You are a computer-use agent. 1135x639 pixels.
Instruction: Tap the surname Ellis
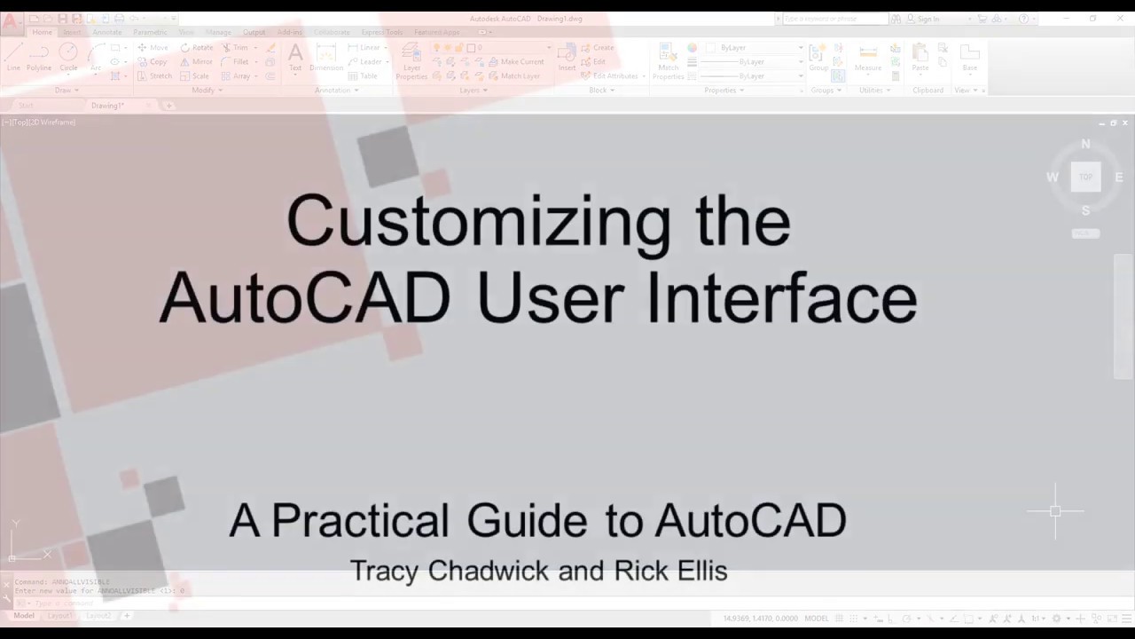tap(702, 571)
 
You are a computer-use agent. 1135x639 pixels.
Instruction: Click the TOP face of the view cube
tap(1085, 177)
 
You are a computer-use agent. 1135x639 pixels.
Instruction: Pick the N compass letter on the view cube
tap(1085, 144)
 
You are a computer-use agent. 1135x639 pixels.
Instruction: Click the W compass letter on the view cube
tap(1053, 177)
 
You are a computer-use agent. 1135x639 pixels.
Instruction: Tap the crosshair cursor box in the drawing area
tap(1055, 511)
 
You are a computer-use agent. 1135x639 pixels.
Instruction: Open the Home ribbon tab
tap(43, 32)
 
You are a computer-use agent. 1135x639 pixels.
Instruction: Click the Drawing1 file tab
tap(107, 106)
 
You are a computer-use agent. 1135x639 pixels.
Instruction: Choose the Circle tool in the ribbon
tap(68, 56)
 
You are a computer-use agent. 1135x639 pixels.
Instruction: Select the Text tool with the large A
tap(295, 56)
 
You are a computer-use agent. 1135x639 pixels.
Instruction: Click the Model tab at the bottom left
tap(24, 615)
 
